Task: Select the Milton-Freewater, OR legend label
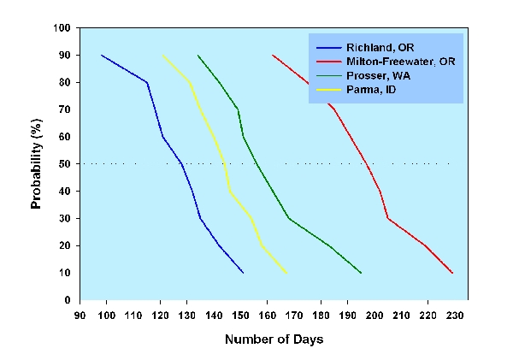(392, 62)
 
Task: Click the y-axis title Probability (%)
(37, 163)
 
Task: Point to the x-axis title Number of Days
(274, 339)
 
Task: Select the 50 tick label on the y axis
(64, 164)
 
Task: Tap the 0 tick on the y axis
(68, 300)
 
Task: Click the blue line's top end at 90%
(102, 56)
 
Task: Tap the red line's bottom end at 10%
(452, 273)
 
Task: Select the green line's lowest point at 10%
(361, 273)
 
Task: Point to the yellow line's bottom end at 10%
(286, 273)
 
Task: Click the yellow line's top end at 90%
(162, 56)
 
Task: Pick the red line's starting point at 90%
(273, 56)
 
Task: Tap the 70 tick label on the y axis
(64, 109)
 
